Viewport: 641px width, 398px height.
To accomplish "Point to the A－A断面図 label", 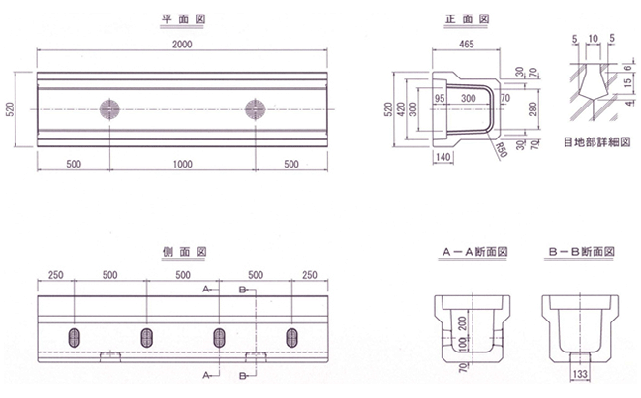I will (x=474, y=251).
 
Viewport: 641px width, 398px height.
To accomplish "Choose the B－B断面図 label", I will (x=580, y=251).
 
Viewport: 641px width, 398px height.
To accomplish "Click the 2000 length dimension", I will (x=182, y=45).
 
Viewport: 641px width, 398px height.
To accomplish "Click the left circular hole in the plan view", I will (x=108, y=107).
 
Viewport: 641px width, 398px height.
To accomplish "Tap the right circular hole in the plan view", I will (x=256, y=107).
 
